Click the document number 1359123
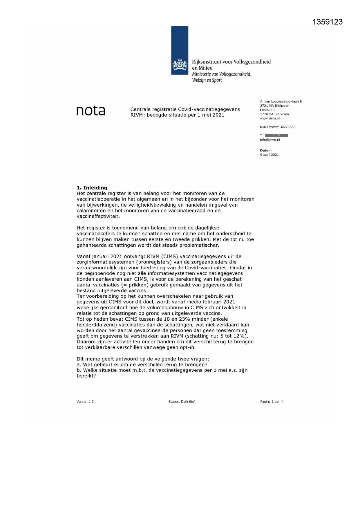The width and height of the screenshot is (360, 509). tap(328, 22)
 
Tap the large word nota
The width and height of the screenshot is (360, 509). tap(91, 111)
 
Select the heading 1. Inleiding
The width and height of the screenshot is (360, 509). tap(92, 188)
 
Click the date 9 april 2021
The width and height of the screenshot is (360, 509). tap(269, 155)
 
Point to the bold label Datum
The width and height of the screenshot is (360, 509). tap(266, 150)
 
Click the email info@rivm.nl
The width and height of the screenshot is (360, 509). tap(270, 140)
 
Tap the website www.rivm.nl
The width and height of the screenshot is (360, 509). tap(270, 118)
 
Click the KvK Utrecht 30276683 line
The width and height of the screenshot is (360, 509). tap(278, 127)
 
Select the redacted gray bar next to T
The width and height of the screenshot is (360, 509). tap(276, 136)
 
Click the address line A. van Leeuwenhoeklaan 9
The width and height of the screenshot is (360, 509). tap(281, 102)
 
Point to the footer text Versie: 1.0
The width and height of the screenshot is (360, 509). tap(85, 402)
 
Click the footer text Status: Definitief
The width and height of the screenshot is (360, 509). tap(182, 402)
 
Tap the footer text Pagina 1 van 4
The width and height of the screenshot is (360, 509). tap(272, 402)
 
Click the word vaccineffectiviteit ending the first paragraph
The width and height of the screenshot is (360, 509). tap(98, 216)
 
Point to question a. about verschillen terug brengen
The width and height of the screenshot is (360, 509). tap(142, 365)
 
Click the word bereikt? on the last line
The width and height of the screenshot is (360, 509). tap(86, 376)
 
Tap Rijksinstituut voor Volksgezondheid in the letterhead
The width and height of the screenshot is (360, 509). tap(231, 62)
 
